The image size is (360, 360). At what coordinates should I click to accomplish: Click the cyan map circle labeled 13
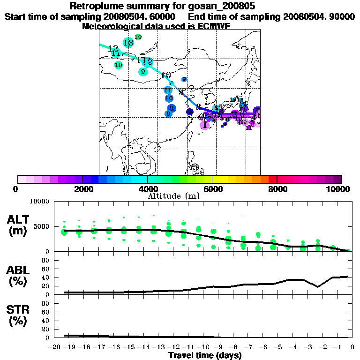click(x=128, y=43)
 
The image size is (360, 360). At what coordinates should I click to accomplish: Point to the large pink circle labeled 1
click(x=205, y=124)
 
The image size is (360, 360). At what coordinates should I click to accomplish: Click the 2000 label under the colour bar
click(x=82, y=189)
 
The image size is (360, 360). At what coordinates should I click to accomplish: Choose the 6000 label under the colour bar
click(x=212, y=189)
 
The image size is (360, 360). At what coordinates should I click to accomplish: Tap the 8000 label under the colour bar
click(x=277, y=189)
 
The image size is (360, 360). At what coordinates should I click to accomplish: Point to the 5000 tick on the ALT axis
click(x=43, y=226)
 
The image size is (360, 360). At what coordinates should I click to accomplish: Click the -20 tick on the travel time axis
click(x=55, y=347)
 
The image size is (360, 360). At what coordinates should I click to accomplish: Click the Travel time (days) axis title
click(x=205, y=355)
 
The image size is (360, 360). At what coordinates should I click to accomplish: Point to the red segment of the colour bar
click(x=272, y=179)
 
